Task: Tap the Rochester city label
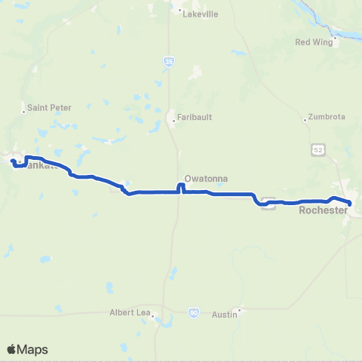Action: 323,210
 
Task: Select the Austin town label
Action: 225,314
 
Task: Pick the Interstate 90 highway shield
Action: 194,311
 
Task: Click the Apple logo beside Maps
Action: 11,349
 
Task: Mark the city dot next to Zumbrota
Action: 305,119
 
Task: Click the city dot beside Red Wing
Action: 334,42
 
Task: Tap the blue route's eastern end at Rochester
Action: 351,202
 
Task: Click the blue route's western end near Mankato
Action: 13,161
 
